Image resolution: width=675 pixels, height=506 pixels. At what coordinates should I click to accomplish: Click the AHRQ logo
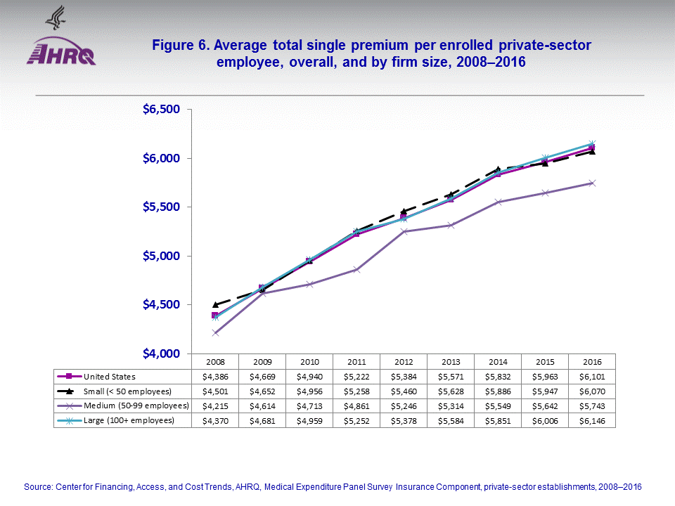click(61, 51)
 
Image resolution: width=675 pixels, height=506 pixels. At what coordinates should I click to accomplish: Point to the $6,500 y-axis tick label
click(162, 110)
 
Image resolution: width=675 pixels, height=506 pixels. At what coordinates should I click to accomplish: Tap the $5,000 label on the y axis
click(162, 256)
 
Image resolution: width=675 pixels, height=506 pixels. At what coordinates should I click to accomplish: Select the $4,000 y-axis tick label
click(162, 353)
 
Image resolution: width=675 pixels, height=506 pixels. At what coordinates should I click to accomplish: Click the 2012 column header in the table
click(404, 361)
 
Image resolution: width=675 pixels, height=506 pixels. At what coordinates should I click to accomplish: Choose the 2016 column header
click(592, 361)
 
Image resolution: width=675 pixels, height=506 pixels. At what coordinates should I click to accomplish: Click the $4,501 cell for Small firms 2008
click(215, 391)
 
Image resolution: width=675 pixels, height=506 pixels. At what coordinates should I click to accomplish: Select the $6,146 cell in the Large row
click(592, 421)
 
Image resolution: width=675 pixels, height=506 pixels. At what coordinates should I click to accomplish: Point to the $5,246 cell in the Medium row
click(404, 406)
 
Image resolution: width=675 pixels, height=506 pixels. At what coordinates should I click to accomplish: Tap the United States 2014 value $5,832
click(498, 377)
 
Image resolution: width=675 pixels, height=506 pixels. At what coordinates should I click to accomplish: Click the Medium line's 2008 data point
click(215, 332)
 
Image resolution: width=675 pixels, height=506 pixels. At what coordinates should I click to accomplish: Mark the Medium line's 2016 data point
click(592, 183)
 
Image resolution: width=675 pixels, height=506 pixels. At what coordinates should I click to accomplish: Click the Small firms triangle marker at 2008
click(215, 304)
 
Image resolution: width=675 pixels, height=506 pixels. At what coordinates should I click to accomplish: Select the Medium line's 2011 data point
click(356, 269)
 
